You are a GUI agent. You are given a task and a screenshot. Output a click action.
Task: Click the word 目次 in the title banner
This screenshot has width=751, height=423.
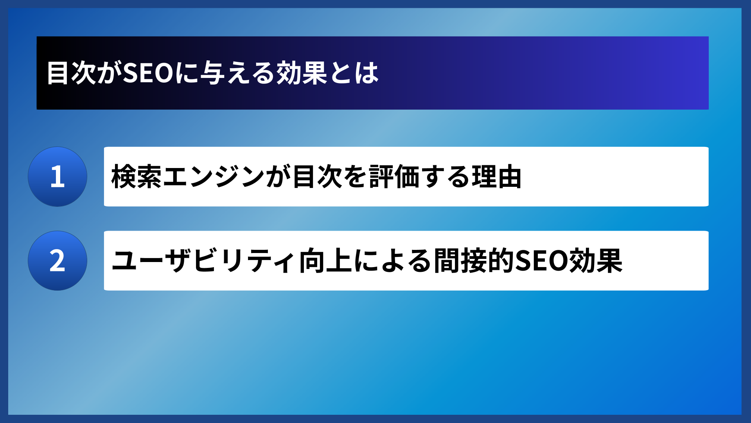tap(71, 73)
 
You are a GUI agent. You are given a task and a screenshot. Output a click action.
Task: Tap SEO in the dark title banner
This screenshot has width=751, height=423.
tap(148, 73)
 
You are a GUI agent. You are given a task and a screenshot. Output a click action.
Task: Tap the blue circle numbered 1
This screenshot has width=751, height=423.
tap(57, 177)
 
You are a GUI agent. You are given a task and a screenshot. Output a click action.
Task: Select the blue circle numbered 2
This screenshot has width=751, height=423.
tap(57, 260)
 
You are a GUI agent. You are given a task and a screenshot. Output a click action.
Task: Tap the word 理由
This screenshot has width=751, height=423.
tap(497, 177)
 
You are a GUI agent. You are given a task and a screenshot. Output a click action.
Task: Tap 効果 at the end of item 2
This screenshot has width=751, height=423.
tap(596, 261)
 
